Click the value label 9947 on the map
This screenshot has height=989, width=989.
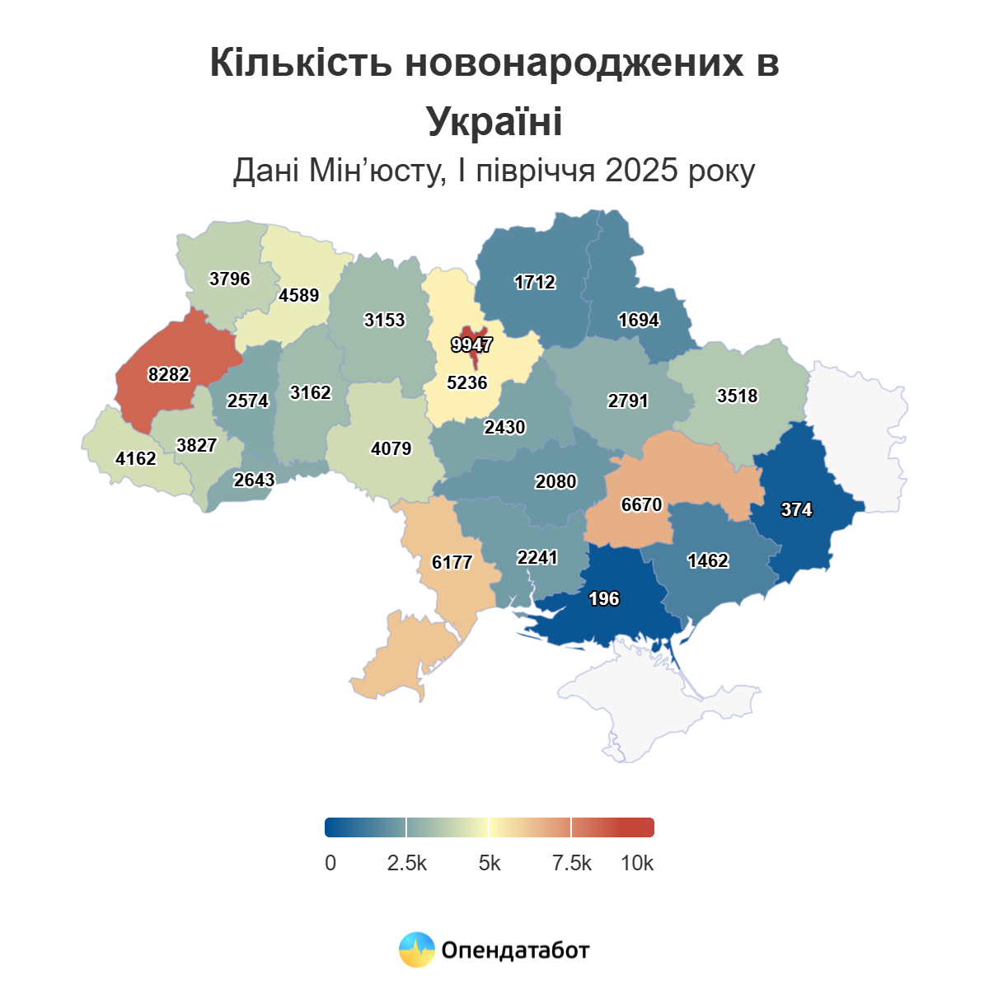click(x=471, y=345)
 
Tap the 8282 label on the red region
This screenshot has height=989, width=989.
click(x=169, y=375)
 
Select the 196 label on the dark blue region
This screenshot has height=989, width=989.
click(x=604, y=599)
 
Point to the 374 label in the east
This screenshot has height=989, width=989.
click(x=796, y=510)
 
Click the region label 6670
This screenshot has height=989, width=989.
click(x=641, y=504)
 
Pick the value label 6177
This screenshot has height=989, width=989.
click(x=452, y=562)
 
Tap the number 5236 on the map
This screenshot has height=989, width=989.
click(x=467, y=383)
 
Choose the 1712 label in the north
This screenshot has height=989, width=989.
click(x=535, y=283)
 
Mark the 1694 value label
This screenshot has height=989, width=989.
click(x=639, y=320)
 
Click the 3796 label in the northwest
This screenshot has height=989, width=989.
click(x=230, y=279)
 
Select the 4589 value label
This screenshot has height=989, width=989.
click(x=299, y=295)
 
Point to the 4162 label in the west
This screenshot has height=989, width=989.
click(x=136, y=458)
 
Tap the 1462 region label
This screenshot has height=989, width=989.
click(x=708, y=561)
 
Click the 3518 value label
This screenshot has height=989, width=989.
click(x=737, y=396)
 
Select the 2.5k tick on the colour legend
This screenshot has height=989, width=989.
click(x=407, y=863)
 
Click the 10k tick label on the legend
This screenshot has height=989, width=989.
click(x=637, y=863)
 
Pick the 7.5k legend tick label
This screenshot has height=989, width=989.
click(x=572, y=863)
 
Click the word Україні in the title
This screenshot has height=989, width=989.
click(x=494, y=121)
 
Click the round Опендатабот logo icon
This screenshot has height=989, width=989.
click(x=417, y=950)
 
